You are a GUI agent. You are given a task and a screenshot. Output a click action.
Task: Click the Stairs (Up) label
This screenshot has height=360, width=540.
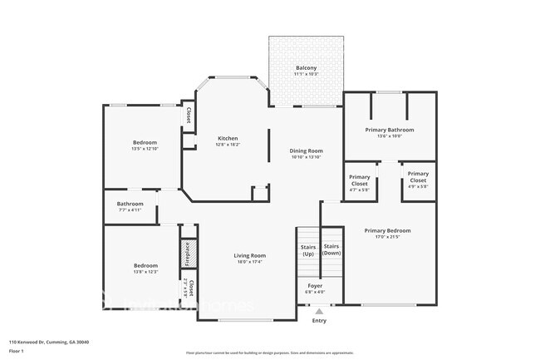(x=308, y=250)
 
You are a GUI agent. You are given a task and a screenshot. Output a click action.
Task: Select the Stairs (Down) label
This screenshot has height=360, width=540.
(x=331, y=249)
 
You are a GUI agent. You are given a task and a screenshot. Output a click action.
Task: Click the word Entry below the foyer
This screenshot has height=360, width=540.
(x=319, y=320)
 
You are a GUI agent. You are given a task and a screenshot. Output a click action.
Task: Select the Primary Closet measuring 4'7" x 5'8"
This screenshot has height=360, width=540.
(x=360, y=183)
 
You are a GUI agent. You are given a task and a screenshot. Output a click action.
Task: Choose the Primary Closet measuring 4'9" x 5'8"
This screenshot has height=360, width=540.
(x=417, y=183)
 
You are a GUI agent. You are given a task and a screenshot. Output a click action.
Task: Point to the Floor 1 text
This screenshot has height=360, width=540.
(x=17, y=351)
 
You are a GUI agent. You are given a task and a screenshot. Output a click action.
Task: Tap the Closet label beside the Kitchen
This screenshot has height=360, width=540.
(x=189, y=116)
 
